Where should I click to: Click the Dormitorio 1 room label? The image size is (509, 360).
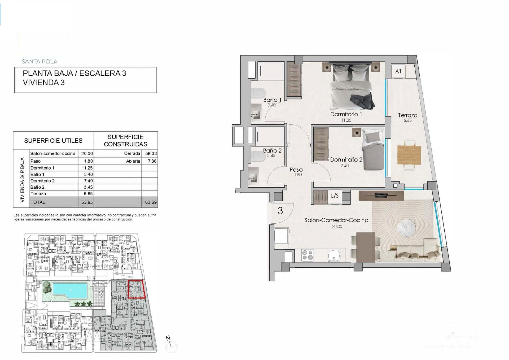click(x=346, y=114)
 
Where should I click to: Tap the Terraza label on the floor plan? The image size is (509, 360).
click(x=407, y=115)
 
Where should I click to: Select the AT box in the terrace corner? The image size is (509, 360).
click(x=398, y=71)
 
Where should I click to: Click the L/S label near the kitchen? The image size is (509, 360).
click(x=335, y=196)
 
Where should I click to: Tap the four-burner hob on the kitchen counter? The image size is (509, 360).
click(x=307, y=255)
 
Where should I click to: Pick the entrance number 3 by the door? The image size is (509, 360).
click(x=280, y=211)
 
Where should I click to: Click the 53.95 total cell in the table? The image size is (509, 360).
click(x=87, y=202)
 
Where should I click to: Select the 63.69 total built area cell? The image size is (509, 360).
click(x=151, y=202)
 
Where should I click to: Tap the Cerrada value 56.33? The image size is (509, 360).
click(x=151, y=154)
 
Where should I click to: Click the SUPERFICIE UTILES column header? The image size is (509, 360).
click(x=53, y=141)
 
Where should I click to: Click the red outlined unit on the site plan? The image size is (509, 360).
click(x=137, y=289)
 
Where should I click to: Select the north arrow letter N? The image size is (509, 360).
click(x=168, y=338)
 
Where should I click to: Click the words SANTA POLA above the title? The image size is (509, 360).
click(x=40, y=62)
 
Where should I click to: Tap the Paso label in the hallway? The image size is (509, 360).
click(x=296, y=170)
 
